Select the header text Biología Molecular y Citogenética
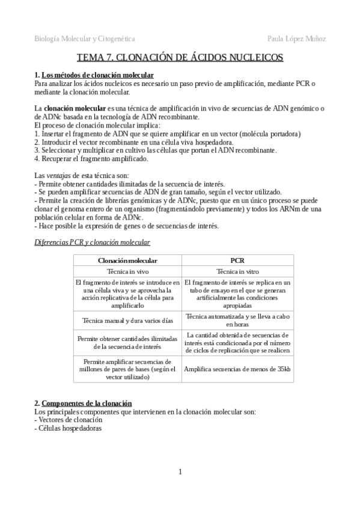[85, 38]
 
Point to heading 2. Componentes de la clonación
[83, 403]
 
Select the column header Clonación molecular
[127, 260]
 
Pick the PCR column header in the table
[237, 260]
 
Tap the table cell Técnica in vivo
[127, 271]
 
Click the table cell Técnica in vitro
[237, 271]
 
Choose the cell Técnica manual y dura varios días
[127, 320]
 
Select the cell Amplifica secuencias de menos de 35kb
[237, 369]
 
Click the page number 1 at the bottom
[180, 471]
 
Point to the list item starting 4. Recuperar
[91, 159]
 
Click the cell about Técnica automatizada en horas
[237, 319]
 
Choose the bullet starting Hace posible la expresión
[126, 226]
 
